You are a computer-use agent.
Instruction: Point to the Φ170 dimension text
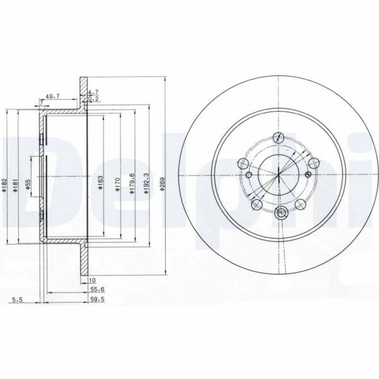tap(116, 185)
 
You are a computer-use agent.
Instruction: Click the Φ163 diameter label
tap(100, 185)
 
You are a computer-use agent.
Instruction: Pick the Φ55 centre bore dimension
tap(28, 185)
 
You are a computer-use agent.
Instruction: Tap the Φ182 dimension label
tap(4, 185)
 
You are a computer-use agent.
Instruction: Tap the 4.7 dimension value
tap(93, 92)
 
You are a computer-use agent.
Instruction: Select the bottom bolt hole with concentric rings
tap(282, 212)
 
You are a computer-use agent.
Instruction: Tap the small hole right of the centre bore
tap(308, 175)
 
